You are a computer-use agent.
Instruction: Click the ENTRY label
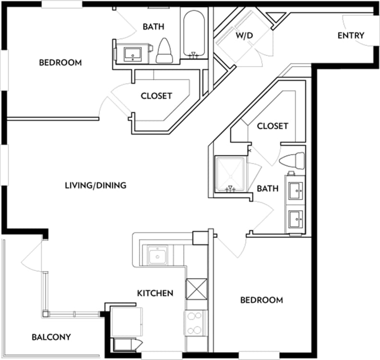pos(351,36)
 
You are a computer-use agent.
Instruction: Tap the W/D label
pos(244,35)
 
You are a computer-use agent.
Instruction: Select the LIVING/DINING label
pos(96,185)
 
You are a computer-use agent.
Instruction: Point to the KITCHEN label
pos(155,293)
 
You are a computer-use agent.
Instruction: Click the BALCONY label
pos(51,337)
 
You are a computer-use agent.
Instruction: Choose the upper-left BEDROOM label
pos(60,62)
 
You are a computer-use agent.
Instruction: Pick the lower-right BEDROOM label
pos(261,300)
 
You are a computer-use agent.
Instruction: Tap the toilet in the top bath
pos(165,51)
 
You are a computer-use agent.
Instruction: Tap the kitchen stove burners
pos(196,323)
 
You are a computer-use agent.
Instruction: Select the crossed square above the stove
pos(196,289)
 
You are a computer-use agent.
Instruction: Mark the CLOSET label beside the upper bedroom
pos(156,96)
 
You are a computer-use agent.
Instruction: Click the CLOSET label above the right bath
pos(273,126)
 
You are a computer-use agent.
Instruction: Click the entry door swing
pos(357,30)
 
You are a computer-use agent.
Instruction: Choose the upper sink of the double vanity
pos(295,191)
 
